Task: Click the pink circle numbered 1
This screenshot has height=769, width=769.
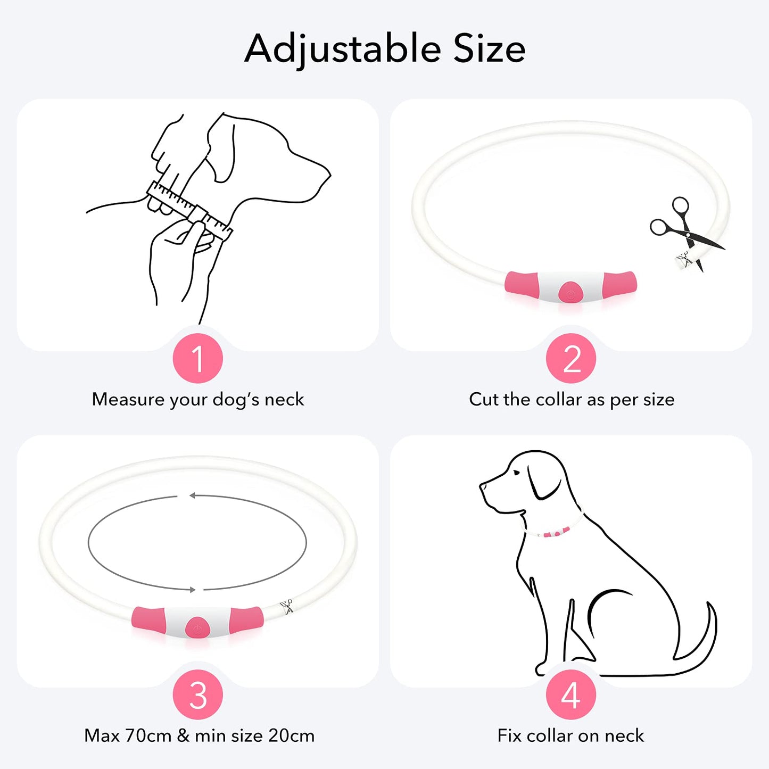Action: (197, 358)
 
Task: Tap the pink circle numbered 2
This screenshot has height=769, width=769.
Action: (571, 358)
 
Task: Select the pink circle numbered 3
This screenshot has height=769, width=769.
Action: (197, 694)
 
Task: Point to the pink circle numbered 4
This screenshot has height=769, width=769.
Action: (571, 694)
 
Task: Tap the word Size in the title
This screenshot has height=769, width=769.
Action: (489, 49)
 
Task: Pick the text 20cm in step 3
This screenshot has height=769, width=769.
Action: (291, 735)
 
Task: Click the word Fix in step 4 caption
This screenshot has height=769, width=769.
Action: (509, 735)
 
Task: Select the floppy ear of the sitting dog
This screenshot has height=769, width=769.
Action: (543, 482)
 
